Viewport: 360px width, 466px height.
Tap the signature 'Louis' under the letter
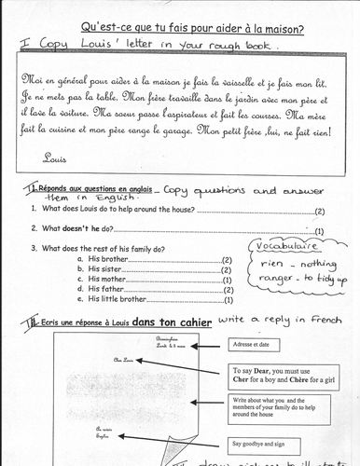(x=55, y=157)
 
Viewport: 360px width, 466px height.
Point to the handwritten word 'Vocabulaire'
(x=284, y=248)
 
